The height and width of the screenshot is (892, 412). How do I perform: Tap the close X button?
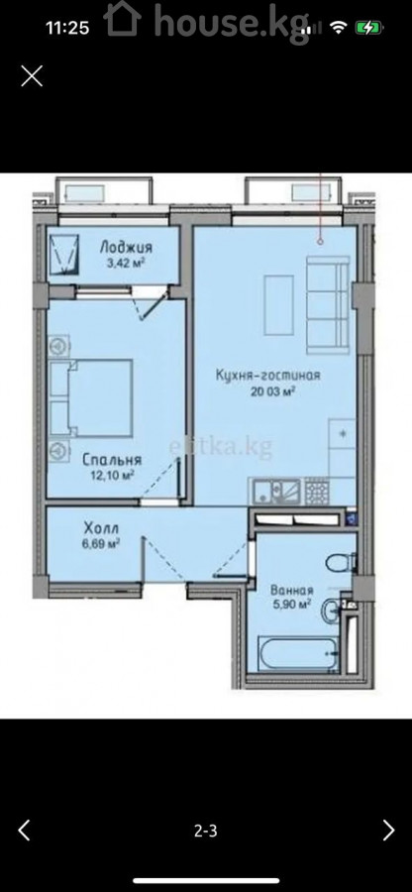coord(32,75)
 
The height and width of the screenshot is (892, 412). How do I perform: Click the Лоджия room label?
coord(126,247)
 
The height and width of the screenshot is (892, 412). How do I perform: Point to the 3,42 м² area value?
coord(126,263)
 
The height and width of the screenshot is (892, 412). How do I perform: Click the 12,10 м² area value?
coord(111,475)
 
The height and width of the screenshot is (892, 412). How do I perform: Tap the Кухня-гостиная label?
coord(268,375)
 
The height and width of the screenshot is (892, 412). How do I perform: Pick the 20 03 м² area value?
coord(268,390)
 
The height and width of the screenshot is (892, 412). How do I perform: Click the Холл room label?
coord(101,528)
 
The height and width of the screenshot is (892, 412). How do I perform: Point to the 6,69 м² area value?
coord(101,544)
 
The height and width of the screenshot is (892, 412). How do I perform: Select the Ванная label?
coord(291,590)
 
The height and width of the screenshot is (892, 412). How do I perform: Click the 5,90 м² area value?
coord(291,605)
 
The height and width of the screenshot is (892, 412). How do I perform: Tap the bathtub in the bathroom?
coord(298,654)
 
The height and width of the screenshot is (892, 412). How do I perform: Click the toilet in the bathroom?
coord(341,563)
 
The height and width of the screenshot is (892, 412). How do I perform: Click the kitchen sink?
coord(276,492)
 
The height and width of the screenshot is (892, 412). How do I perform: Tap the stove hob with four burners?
coord(317,491)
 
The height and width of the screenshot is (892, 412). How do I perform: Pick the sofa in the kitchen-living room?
coord(328,304)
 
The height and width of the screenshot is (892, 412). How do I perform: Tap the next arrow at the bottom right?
coord(388,830)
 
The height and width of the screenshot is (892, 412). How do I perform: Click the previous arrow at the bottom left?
coord(24,830)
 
